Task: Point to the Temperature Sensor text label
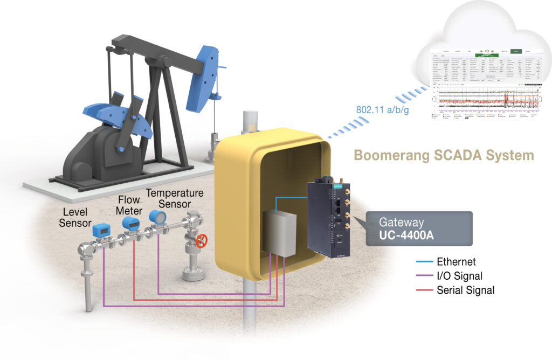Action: tap(175, 198)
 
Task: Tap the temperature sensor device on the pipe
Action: tap(157, 216)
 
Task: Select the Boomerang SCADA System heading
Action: tap(443, 156)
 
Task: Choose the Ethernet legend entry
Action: tap(456, 262)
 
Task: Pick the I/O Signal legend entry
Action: tap(459, 276)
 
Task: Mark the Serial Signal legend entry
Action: tap(465, 290)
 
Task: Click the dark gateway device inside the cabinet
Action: tap(329, 218)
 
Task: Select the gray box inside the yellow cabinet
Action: tap(280, 232)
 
